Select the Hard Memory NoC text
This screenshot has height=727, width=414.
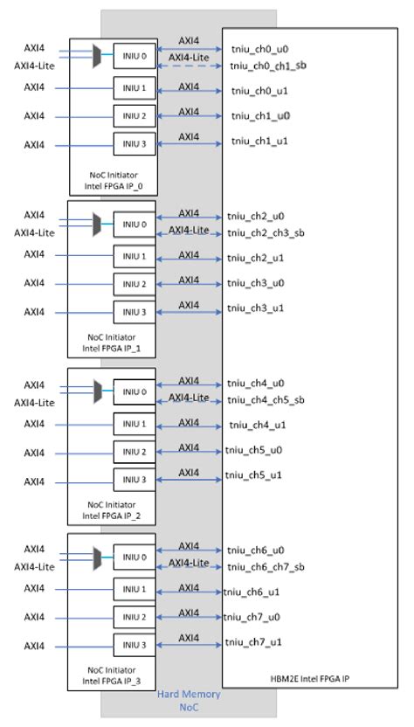click(x=189, y=701)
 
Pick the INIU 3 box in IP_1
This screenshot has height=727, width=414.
click(x=135, y=311)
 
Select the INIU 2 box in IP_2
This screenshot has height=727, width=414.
click(x=135, y=452)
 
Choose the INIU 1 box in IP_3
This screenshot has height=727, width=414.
click(x=135, y=590)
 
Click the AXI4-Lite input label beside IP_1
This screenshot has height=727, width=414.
click(x=34, y=232)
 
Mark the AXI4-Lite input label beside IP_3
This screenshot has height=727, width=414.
click(x=34, y=567)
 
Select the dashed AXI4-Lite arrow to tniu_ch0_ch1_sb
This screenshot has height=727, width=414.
click(x=189, y=67)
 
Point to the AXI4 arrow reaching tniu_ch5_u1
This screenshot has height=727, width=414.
click(x=189, y=479)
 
